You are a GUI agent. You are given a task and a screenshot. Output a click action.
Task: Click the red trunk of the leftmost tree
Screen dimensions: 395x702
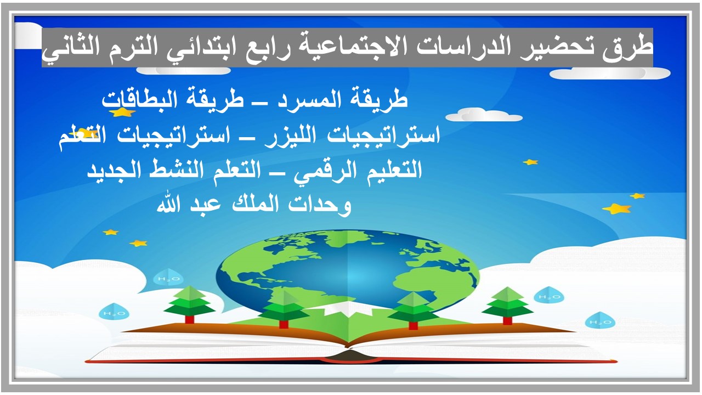[190, 319]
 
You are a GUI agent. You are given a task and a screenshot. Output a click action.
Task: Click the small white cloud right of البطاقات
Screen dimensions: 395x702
[483, 115]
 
